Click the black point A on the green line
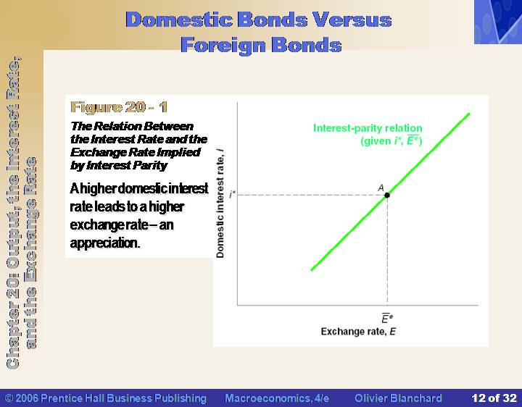pos(387,195)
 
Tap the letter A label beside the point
pos(381,188)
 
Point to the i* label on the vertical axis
pos(232,194)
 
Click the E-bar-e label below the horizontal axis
pos(387,318)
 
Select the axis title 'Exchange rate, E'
pos(358,332)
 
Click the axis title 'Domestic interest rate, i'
pos(220,204)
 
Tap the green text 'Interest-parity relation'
pos(368,128)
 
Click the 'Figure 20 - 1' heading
pos(119,107)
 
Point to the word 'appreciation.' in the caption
pos(105,243)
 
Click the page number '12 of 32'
pos(494,398)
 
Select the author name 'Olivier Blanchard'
pos(398,398)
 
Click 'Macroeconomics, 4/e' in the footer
pos(277,398)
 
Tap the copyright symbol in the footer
pos(9,398)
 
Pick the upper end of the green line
pos(469,114)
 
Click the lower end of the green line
pos(312,269)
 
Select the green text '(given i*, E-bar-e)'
pos(391,140)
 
